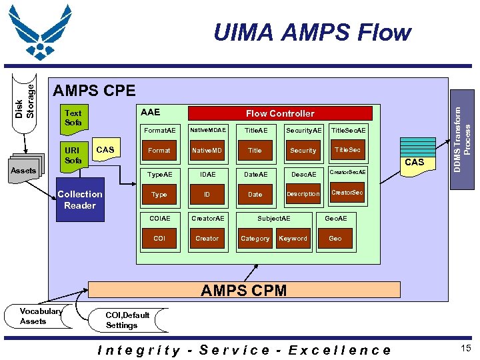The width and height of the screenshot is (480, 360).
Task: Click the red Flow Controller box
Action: tap(280, 113)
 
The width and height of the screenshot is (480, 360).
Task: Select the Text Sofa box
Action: tap(73, 118)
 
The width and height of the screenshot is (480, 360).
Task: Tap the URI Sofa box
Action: tap(73, 155)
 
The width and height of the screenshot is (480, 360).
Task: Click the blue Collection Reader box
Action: tap(80, 200)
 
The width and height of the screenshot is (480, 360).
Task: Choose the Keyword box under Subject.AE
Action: tap(293, 239)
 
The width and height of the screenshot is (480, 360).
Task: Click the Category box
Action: tap(255, 239)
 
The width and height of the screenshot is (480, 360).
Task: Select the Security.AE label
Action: tap(303, 130)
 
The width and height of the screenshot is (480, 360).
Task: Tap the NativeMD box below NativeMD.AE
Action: tap(207, 151)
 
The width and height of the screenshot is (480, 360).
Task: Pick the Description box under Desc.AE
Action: tap(303, 195)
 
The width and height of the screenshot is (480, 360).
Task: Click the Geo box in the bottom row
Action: tap(335, 239)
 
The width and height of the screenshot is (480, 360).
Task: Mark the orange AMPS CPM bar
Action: tap(244, 290)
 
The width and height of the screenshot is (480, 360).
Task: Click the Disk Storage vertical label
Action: tap(25, 97)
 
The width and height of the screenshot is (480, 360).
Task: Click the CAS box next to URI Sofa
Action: tap(106, 151)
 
